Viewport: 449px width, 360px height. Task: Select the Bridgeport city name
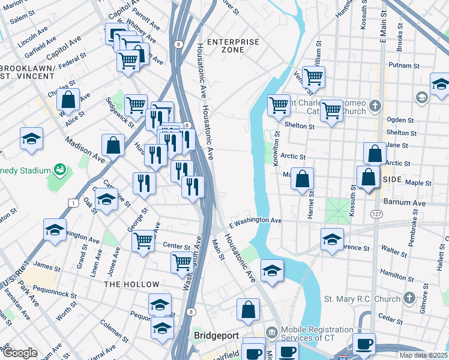(x=217, y=334)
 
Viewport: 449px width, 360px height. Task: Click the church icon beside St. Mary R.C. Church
(x=409, y=298)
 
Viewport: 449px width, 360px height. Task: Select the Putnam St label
(x=404, y=65)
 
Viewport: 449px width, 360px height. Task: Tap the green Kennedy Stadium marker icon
(x=59, y=170)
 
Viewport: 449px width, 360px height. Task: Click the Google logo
(x=19, y=353)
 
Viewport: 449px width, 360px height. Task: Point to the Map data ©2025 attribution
(x=423, y=355)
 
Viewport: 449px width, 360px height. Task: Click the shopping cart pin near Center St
(x=143, y=242)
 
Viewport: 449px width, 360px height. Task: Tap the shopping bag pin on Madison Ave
(x=113, y=145)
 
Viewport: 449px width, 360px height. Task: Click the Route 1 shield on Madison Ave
(x=72, y=205)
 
